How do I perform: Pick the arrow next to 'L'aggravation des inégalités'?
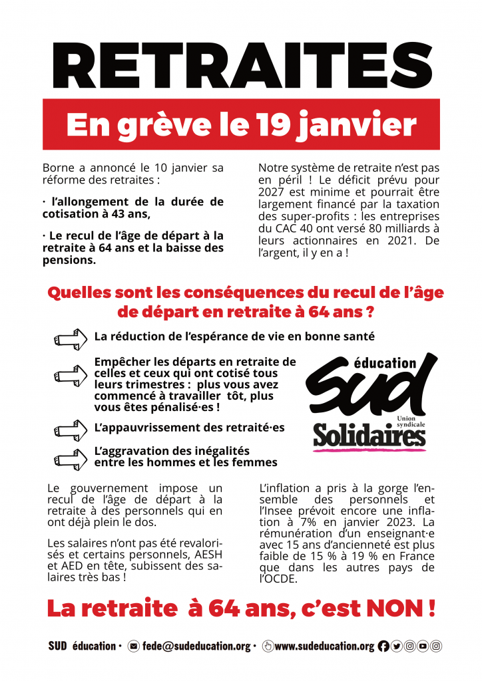point(71,457)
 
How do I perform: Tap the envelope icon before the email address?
point(133,646)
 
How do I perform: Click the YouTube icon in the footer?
point(423,646)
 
